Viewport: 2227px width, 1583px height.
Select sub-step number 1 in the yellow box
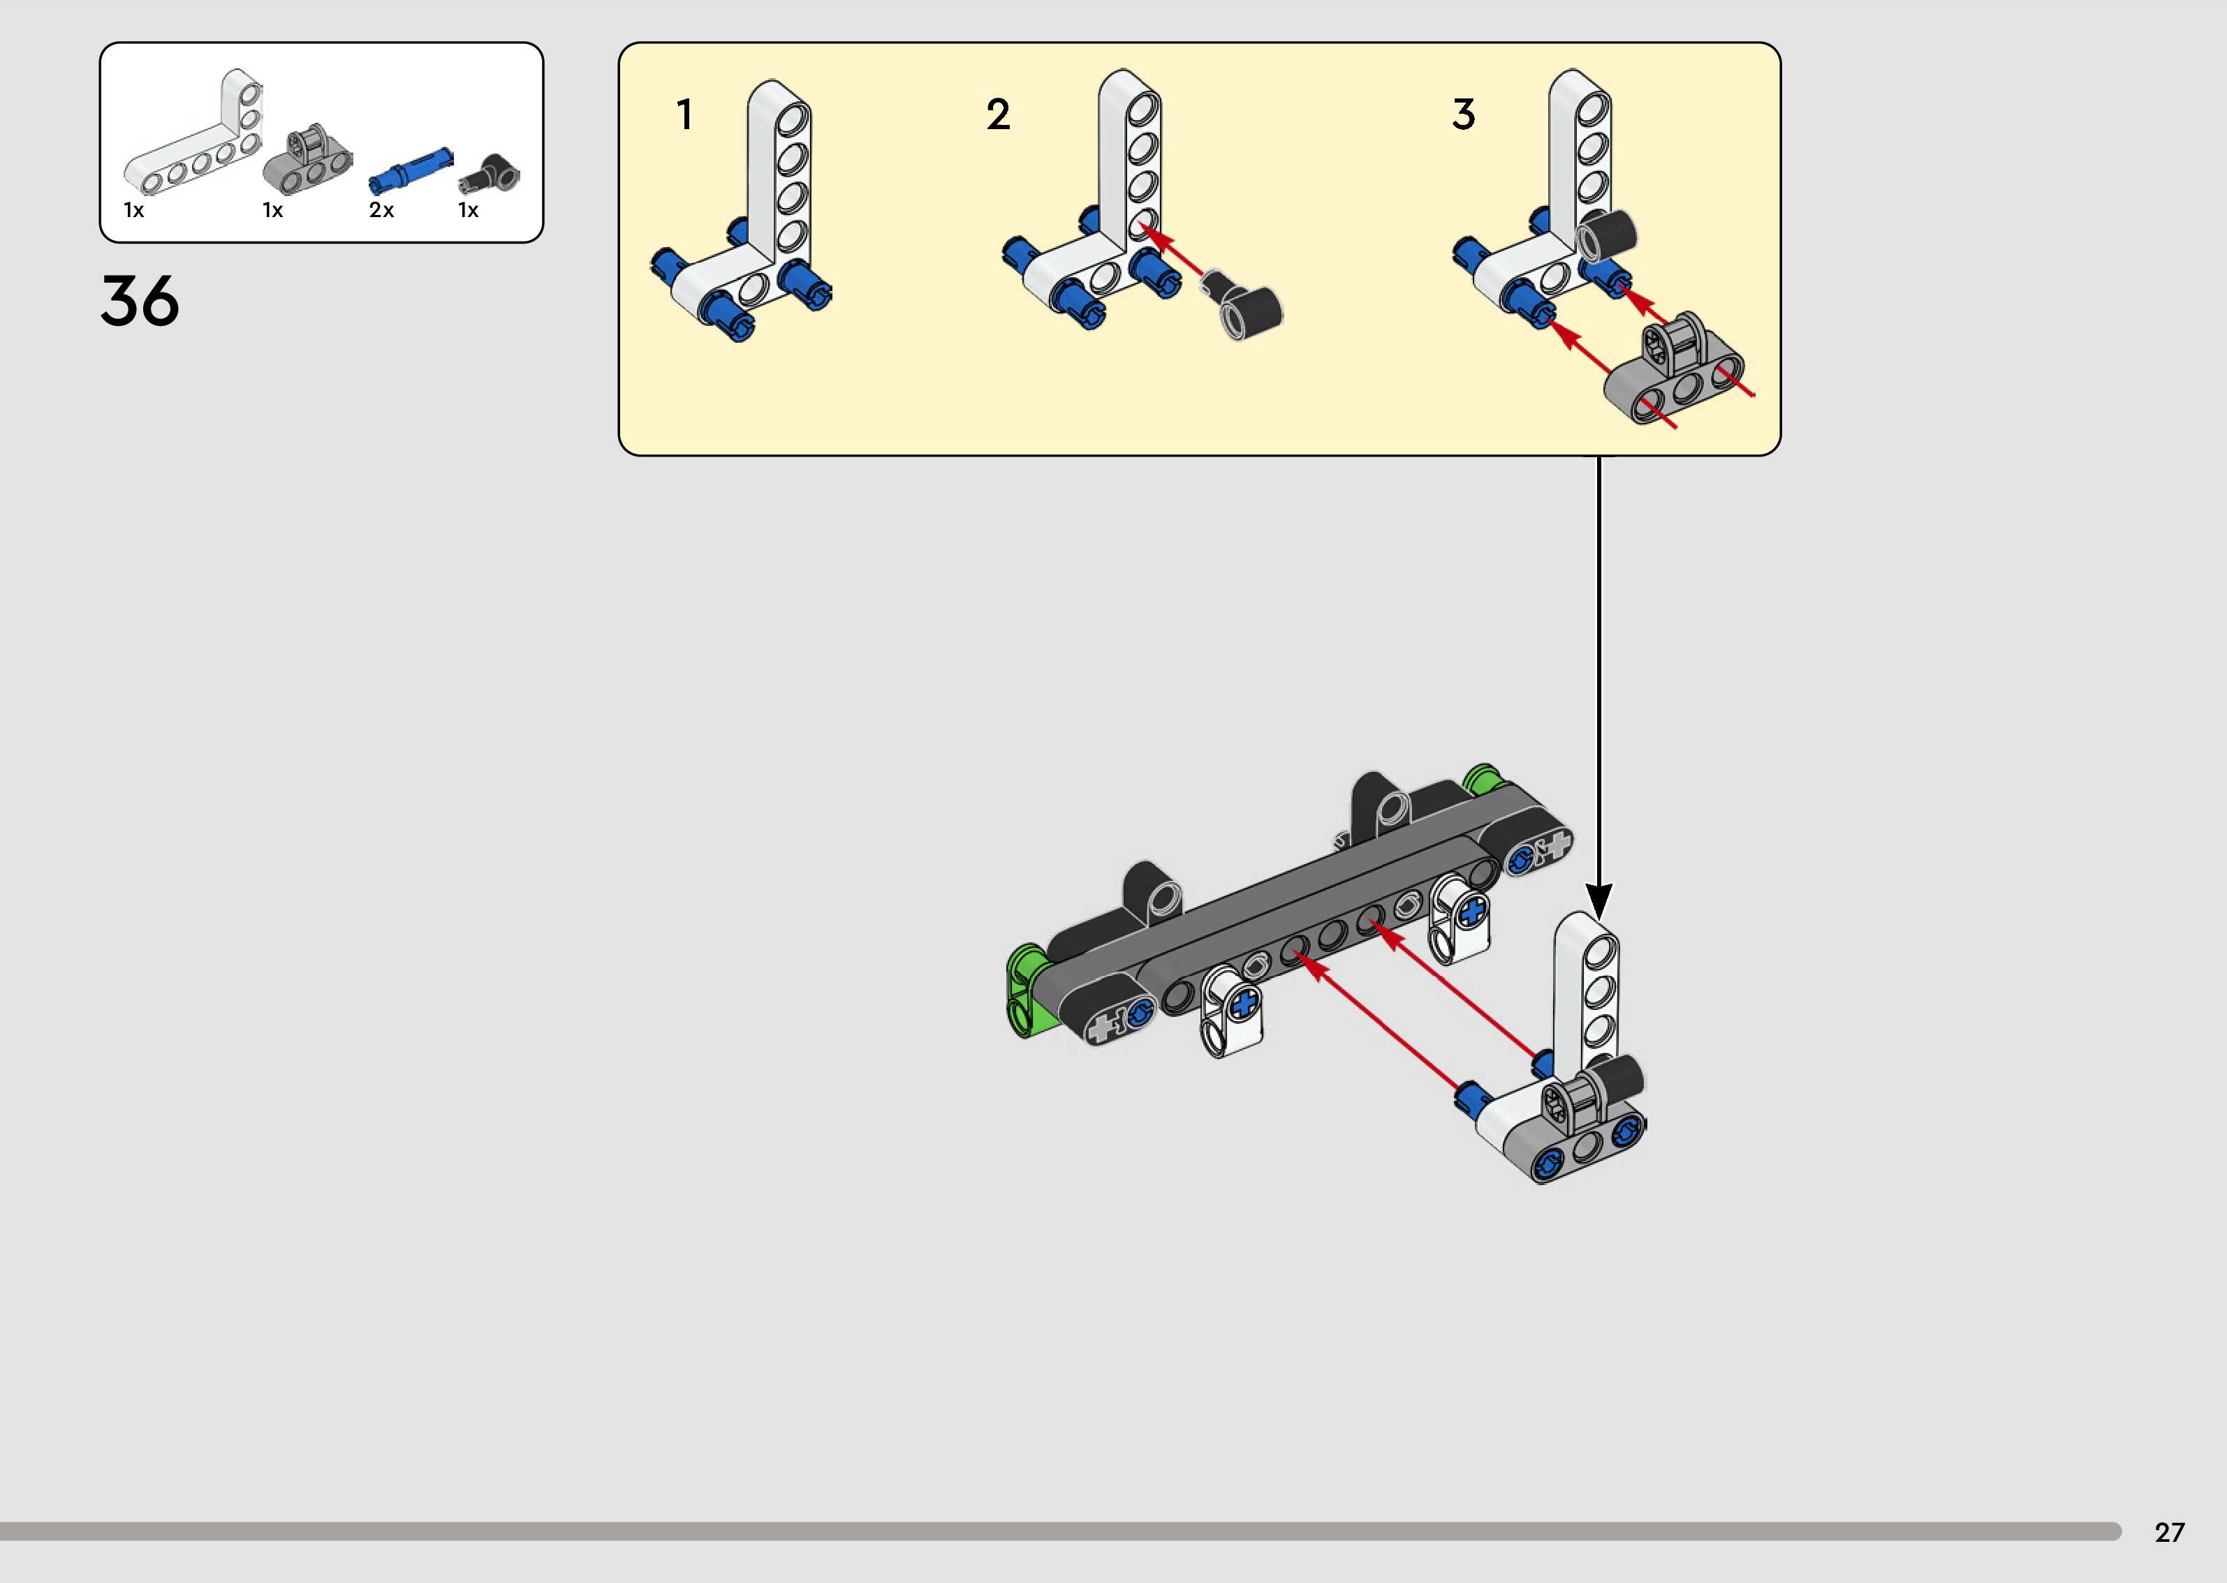(x=684, y=115)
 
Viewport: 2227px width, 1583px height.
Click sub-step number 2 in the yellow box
(x=997, y=115)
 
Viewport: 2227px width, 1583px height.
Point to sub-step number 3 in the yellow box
(x=1462, y=115)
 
